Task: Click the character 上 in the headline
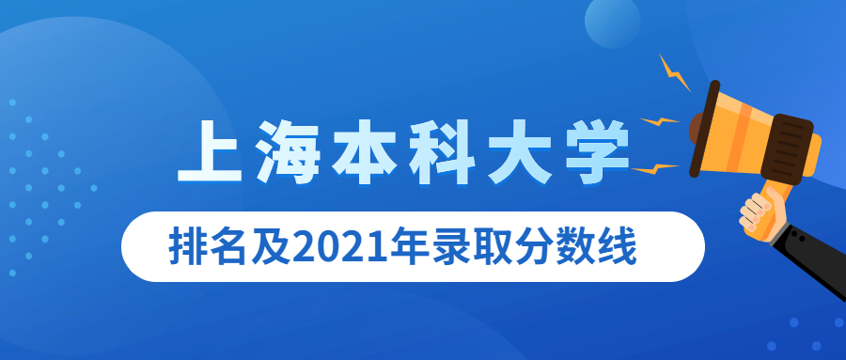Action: (x=211, y=151)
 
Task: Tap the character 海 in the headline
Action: (x=287, y=151)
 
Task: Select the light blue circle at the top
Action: (x=612, y=22)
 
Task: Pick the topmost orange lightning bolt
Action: (x=674, y=73)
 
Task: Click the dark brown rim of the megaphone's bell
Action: (x=705, y=129)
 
